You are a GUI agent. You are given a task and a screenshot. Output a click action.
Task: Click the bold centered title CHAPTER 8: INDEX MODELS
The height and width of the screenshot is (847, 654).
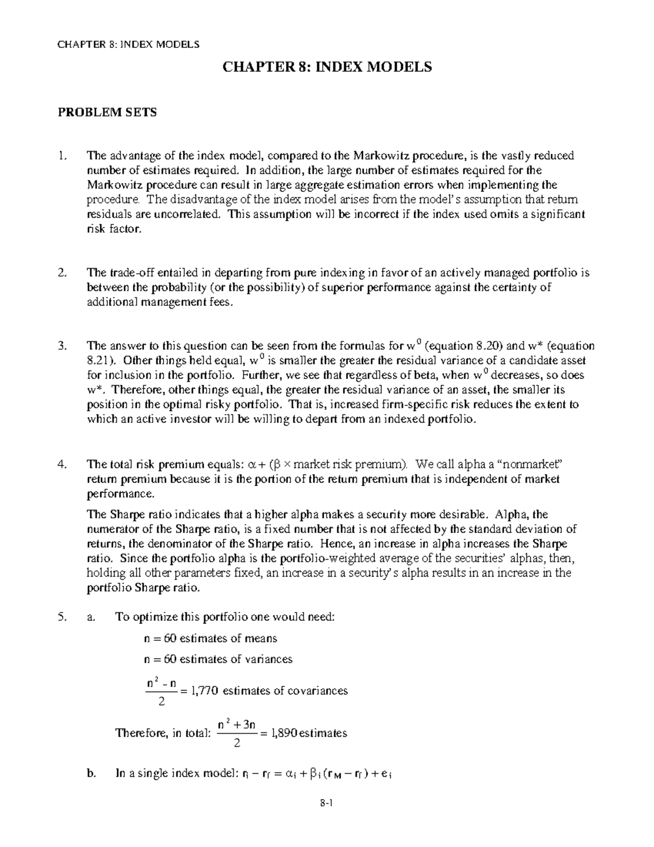pos(326,67)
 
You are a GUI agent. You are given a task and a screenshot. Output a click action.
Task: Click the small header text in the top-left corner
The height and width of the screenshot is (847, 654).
pos(128,44)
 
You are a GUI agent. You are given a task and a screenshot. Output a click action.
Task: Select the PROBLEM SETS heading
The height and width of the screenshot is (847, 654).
pos(107,112)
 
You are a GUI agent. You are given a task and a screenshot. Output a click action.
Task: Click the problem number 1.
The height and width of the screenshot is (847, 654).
pos(61,156)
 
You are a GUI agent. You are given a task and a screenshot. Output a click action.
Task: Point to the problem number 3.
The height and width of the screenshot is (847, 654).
pos(62,346)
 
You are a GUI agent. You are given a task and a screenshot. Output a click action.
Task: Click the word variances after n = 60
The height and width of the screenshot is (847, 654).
pos(268,659)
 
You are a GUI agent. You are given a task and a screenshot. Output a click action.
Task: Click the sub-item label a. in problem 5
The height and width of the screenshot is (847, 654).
pos(91,617)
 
